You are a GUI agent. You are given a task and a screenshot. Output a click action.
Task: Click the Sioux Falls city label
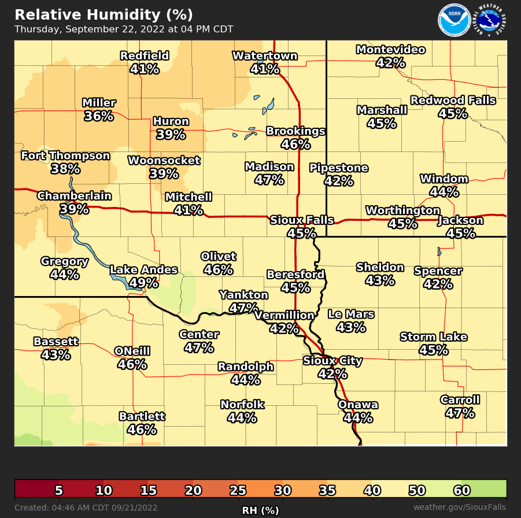(x=302, y=220)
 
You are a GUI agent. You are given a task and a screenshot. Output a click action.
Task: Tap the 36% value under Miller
(x=98, y=116)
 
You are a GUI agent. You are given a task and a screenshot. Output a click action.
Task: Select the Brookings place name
(x=295, y=131)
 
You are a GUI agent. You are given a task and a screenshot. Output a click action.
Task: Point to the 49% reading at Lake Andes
(x=143, y=283)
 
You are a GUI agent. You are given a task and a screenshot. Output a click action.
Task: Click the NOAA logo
(x=454, y=21)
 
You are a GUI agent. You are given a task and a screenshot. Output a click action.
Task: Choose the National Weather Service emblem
(x=490, y=21)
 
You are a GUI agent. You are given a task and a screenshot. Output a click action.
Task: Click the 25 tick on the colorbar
(x=238, y=491)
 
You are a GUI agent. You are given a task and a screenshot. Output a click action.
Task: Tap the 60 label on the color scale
(x=461, y=491)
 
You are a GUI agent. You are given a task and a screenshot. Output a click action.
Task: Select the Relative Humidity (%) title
(x=104, y=14)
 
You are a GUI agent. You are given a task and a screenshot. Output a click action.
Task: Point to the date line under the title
(x=124, y=29)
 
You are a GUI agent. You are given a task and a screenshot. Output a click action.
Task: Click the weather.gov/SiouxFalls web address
(x=459, y=508)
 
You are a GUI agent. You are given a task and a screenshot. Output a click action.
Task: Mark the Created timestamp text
(x=86, y=508)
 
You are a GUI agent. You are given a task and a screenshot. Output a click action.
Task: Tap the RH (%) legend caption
(x=260, y=510)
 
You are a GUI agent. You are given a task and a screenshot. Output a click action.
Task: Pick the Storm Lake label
(x=434, y=337)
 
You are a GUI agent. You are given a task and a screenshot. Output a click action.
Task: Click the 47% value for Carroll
(x=460, y=413)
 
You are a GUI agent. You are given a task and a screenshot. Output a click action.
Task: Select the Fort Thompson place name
(x=65, y=156)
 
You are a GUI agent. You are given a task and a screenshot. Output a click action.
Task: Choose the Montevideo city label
(x=390, y=50)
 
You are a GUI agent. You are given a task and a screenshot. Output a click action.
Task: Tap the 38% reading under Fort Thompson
(x=65, y=169)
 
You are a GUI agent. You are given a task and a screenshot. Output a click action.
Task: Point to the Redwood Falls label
(x=453, y=101)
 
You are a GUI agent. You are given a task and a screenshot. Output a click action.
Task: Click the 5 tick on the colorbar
(x=58, y=491)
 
